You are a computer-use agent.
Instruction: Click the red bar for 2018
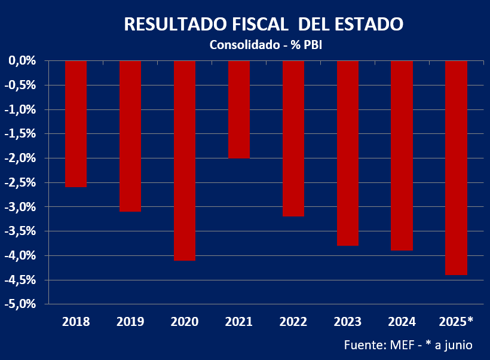click(76, 124)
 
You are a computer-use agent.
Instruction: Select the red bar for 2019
click(130, 136)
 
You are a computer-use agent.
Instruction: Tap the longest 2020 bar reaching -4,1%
click(185, 160)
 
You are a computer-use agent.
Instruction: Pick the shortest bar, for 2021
click(239, 109)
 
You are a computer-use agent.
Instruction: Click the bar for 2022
click(293, 138)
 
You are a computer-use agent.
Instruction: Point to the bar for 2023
click(348, 153)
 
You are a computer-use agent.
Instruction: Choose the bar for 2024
click(402, 155)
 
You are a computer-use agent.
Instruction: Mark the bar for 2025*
click(456, 167)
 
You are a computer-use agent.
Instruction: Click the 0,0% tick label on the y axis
click(23, 61)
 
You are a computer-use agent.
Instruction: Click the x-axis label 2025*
click(456, 322)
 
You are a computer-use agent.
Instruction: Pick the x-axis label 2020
click(185, 322)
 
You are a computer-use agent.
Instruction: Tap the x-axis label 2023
click(348, 322)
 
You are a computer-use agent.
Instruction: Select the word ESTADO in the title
click(369, 25)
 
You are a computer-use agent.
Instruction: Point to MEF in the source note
click(407, 345)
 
